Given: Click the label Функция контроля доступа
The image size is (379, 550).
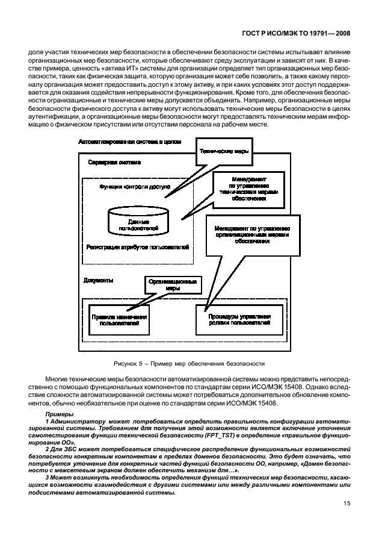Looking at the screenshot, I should click(135, 187).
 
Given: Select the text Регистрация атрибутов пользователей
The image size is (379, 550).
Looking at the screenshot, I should click(138, 247).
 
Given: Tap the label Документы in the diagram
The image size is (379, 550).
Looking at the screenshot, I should click(99, 280).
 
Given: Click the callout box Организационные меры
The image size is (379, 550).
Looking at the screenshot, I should click(173, 285).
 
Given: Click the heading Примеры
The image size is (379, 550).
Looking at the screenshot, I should click(59, 415).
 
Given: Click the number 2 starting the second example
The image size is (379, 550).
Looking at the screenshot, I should click(47, 449).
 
